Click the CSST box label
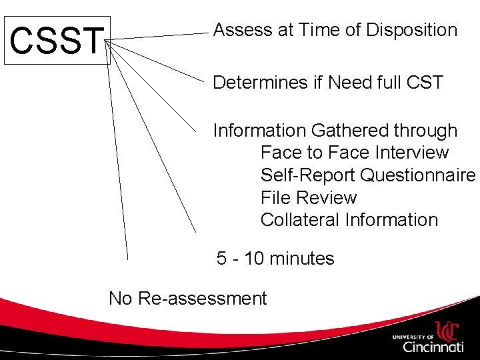(57, 39)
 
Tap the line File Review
(309, 197)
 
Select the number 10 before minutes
(255, 258)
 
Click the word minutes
(303, 258)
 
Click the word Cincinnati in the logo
(433, 347)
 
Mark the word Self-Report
(307, 175)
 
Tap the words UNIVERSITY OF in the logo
(412, 337)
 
